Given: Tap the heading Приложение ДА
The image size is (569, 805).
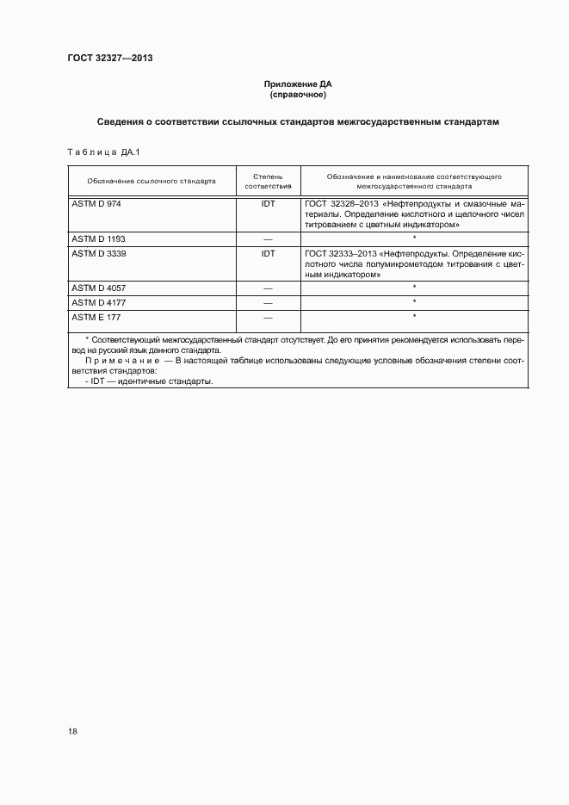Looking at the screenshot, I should coord(298,84).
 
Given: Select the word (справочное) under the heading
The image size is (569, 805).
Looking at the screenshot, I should coord(298,94).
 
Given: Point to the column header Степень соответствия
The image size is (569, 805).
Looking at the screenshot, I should coord(268,181).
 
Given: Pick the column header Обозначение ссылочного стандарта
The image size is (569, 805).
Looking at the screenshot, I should coord(152,182).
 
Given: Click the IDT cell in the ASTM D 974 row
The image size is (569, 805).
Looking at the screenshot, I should coord(268,203).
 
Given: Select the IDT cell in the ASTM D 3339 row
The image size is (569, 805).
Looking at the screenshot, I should coord(268,254).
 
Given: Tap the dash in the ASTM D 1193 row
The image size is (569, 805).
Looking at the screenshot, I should coord(268,238).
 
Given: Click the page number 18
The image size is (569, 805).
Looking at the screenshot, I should coord(72,732).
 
